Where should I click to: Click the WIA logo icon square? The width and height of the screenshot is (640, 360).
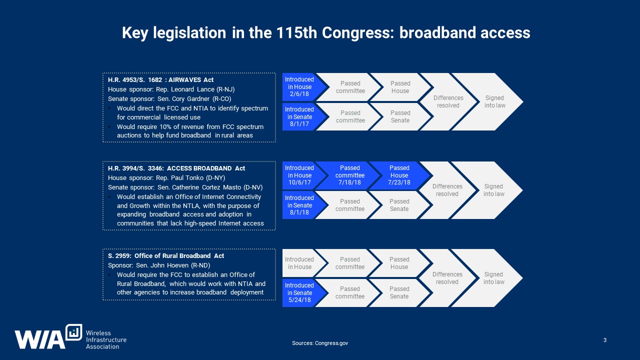[73, 332]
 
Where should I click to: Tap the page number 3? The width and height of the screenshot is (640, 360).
[605, 340]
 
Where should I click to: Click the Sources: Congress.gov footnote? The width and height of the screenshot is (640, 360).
[320, 343]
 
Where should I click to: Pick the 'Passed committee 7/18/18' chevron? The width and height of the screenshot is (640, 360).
[349, 175]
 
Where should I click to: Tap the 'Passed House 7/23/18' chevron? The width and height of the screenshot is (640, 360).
[399, 175]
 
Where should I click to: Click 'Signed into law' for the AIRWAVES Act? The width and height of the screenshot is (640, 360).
[491, 101]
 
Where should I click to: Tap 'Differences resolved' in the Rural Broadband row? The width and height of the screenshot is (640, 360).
[447, 278]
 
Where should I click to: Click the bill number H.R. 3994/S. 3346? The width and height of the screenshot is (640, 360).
[135, 168]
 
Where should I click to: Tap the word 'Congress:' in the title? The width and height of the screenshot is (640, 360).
[358, 33]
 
